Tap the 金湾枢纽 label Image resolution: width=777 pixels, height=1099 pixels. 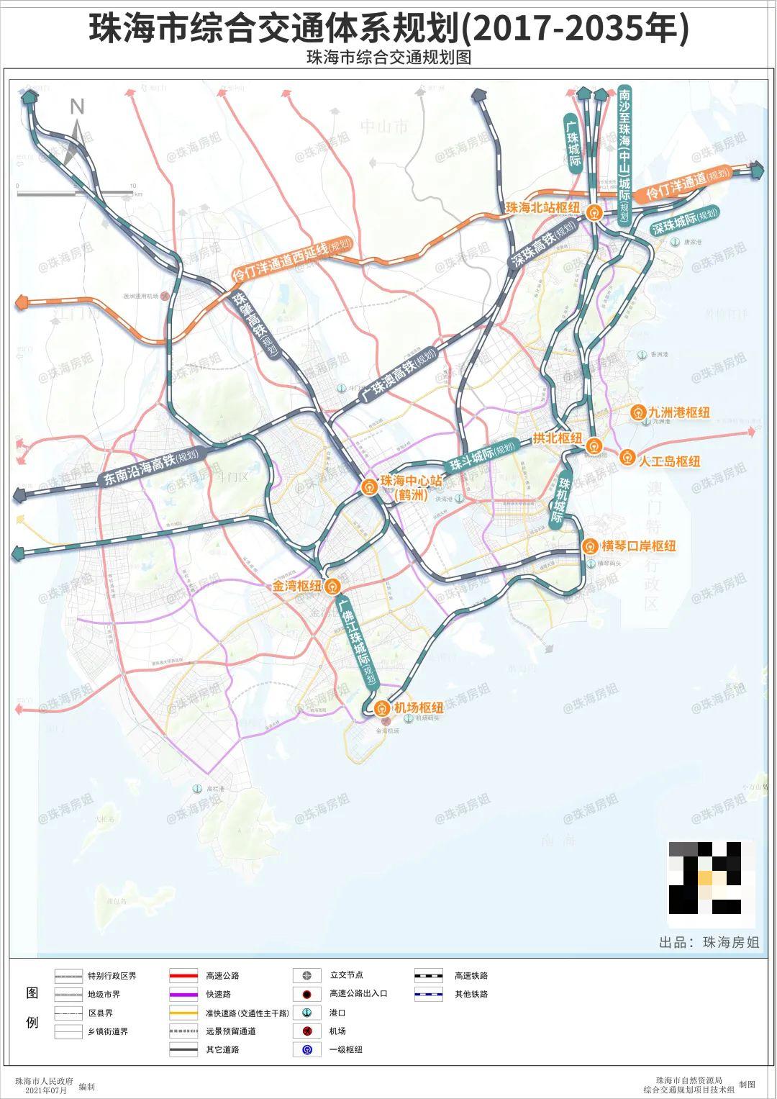coord(296,587)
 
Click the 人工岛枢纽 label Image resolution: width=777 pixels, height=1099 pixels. coord(669,461)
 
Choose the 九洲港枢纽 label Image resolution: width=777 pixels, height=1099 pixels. coord(678,412)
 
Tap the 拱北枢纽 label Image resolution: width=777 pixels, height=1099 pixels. coord(558,438)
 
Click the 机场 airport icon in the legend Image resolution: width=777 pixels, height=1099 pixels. coord(307,1031)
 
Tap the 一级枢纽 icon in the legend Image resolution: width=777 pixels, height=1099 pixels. coord(307,1050)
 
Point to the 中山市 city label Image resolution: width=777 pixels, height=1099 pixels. coord(384,127)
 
